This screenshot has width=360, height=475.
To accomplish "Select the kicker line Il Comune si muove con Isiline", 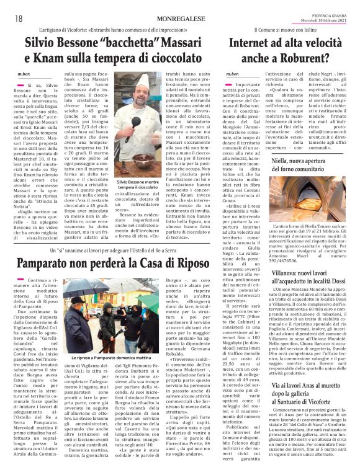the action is click(286, 30).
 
